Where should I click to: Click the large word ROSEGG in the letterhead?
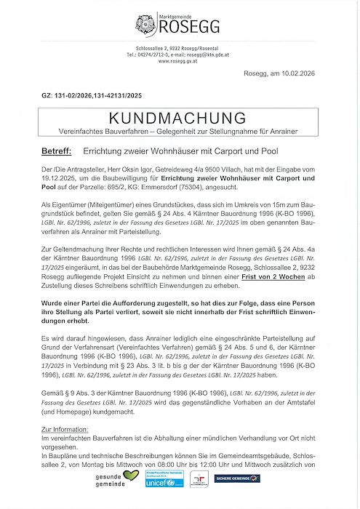point(185,28)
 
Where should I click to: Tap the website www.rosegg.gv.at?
point(179,61)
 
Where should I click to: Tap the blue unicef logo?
point(159,483)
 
